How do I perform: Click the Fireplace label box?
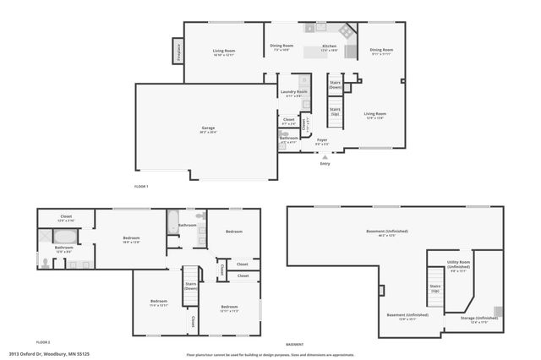click(x=178, y=52)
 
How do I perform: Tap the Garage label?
click(x=208, y=129)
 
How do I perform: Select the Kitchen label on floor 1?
click(x=329, y=47)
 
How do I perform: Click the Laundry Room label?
click(x=294, y=93)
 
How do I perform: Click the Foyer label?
click(x=322, y=141)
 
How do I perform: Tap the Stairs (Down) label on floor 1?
click(x=336, y=85)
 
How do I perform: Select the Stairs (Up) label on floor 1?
click(x=335, y=112)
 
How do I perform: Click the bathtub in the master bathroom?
click(x=65, y=237)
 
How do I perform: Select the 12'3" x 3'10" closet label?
click(x=66, y=218)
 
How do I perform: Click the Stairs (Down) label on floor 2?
click(x=190, y=286)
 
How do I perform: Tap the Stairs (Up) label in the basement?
click(x=435, y=288)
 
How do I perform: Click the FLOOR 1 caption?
click(x=141, y=186)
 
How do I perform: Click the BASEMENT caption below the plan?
click(x=295, y=345)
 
